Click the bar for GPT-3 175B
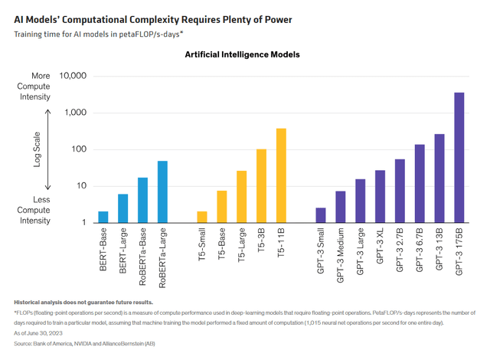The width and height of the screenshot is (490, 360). click(x=459, y=158)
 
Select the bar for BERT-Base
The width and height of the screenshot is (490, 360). click(x=103, y=217)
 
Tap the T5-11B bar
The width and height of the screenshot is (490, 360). click(x=281, y=175)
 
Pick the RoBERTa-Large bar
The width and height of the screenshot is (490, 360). click(x=162, y=191)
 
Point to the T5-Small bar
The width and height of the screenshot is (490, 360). click(x=202, y=217)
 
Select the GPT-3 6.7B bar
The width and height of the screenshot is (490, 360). click(x=420, y=183)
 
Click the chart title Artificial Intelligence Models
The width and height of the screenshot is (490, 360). click(x=242, y=55)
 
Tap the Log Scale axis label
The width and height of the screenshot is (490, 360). click(x=36, y=149)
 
